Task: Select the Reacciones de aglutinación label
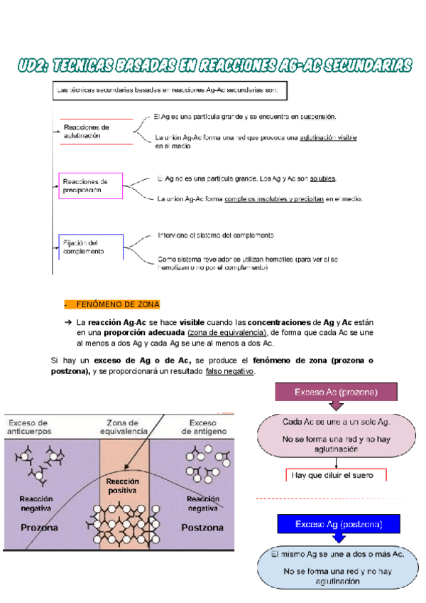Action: [x=86, y=132]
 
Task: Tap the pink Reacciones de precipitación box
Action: [x=90, y=186]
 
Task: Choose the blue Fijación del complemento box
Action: [x=91, y=247]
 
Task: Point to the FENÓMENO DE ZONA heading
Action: [x=117, y=304]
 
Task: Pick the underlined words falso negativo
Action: [x=229, y=371]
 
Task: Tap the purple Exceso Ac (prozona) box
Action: [x=335, y=393]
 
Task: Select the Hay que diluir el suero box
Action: [x=335, y=475]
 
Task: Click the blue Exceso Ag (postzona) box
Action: [x=338, y=524]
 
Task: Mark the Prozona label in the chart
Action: [x=40, y=528]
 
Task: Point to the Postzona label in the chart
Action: [x=202, y=528]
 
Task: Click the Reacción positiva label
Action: [x=123, y=486]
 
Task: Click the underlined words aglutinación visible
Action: [x=328, y=137]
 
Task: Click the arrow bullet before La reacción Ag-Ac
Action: [x=68, y=322]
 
